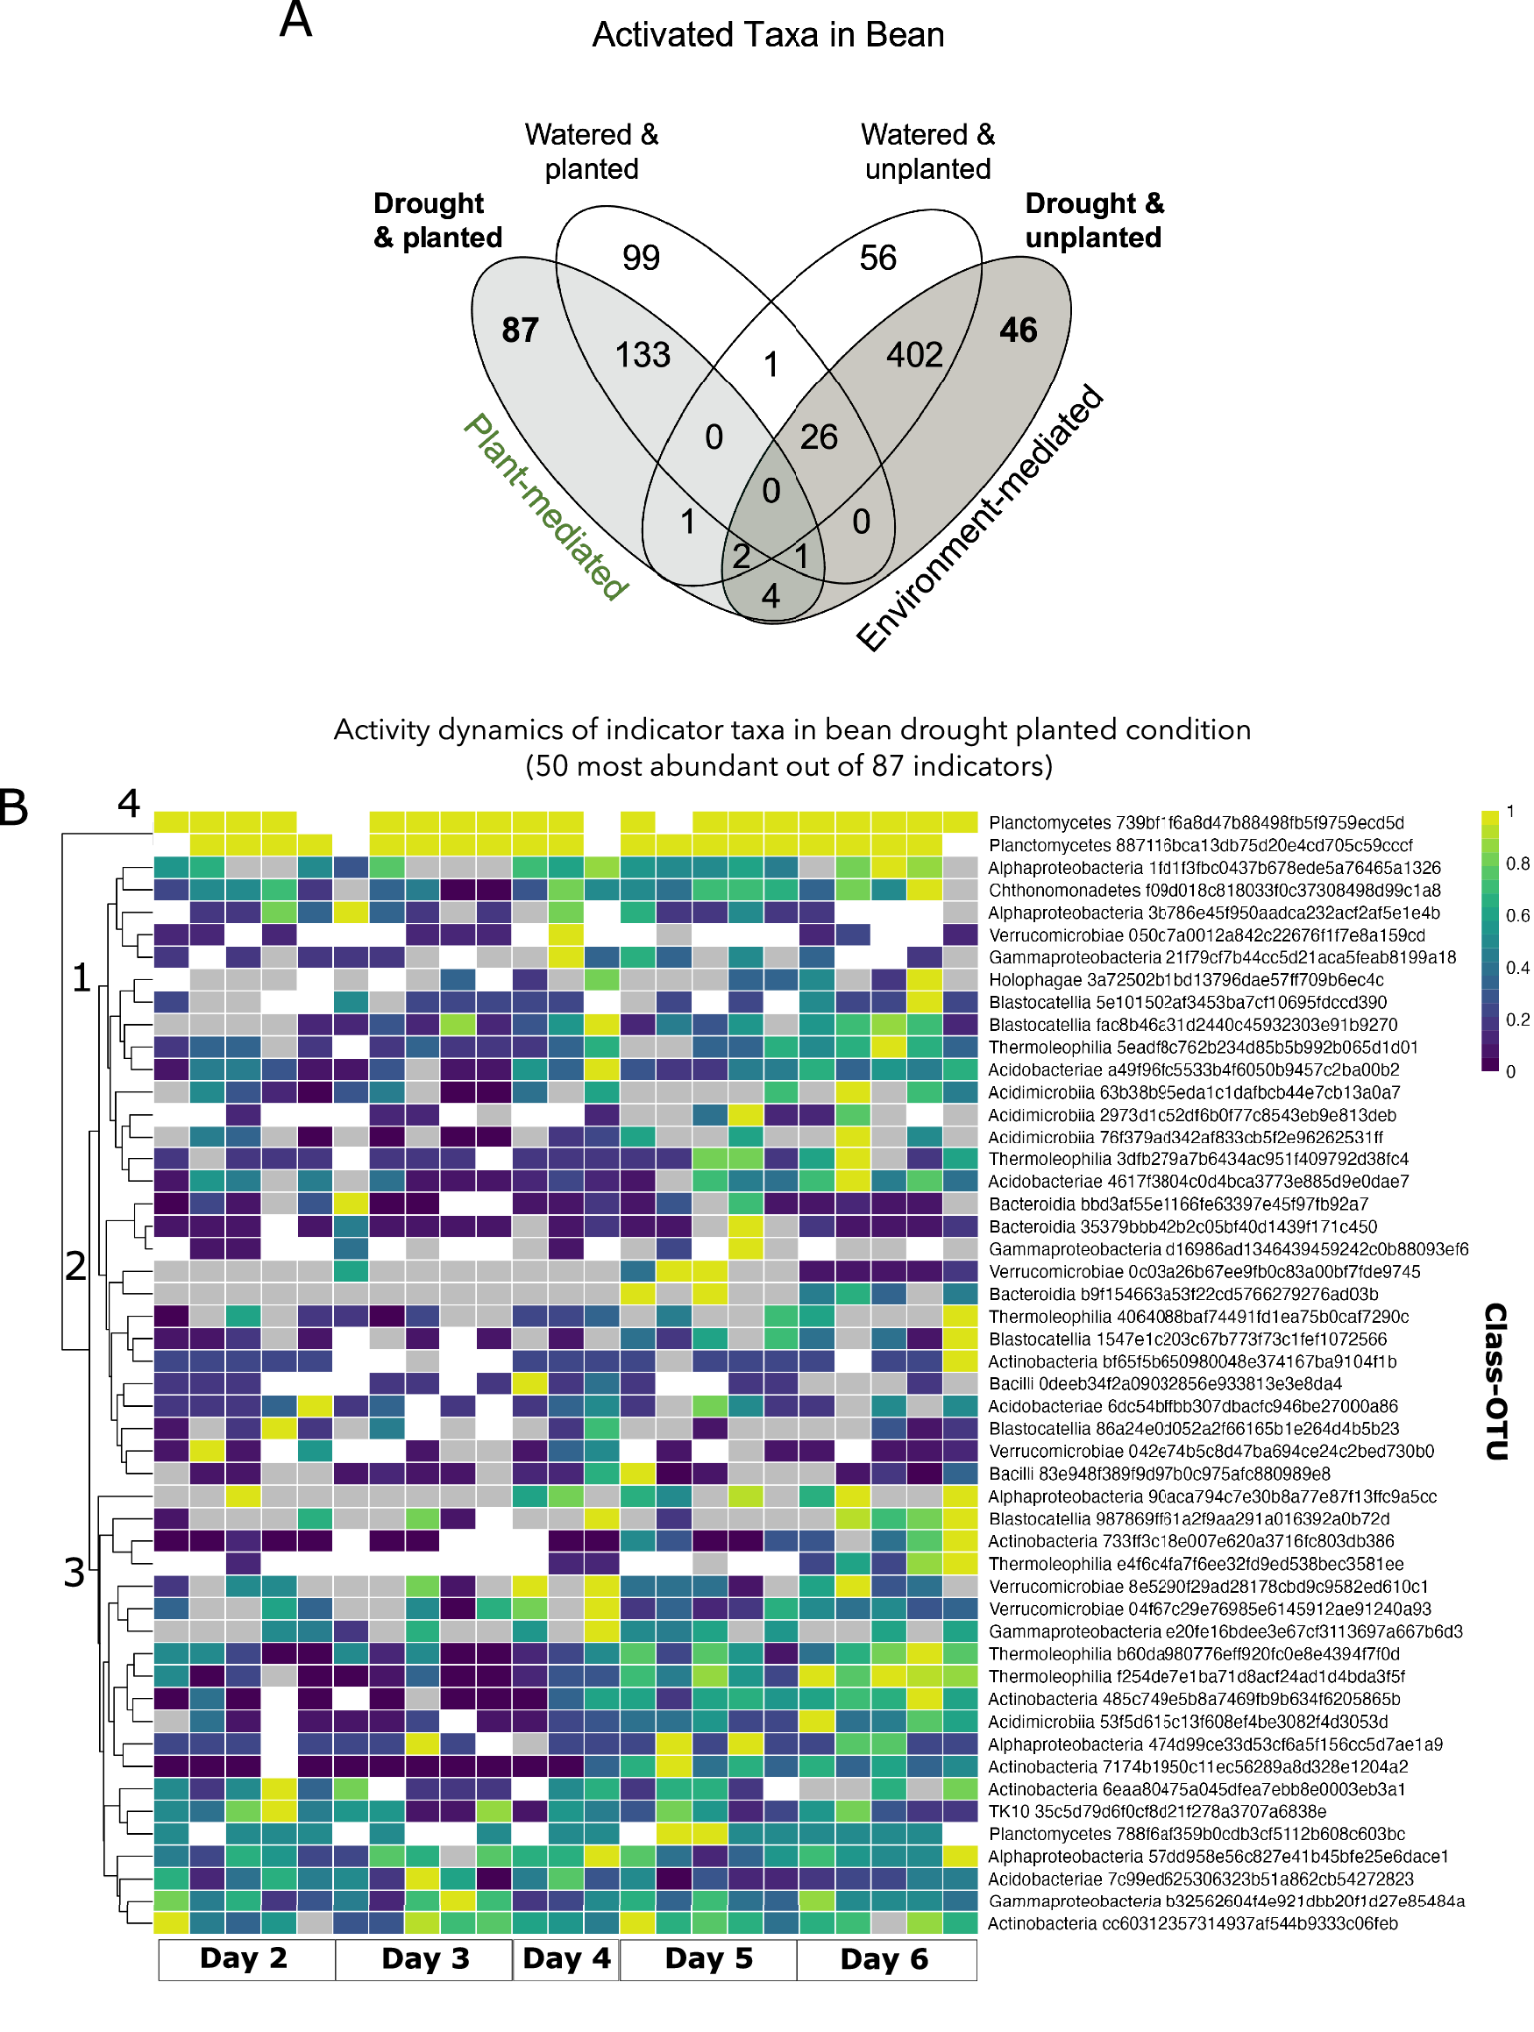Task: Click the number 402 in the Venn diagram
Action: click(914, 354)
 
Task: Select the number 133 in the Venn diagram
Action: click(642, 354)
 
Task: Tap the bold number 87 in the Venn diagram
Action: click(520, 330)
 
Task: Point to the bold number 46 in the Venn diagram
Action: click(1018, 330)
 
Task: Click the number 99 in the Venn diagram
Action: click(640, 258)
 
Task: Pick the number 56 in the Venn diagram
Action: click(877, 258)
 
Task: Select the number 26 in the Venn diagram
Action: click(819, 437)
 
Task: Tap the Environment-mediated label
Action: click(979, 519)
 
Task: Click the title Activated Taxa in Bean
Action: click(768, 35)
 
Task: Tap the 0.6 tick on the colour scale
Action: click(1517, 916)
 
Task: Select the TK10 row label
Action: click(1155, 1811)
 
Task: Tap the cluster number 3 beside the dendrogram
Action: click(75, 1574)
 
